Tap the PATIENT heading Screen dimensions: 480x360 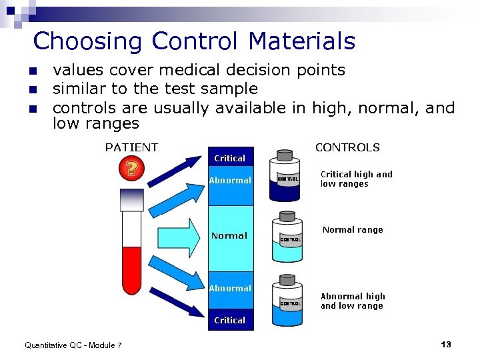tap(131, 147)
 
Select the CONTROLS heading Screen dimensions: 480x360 tap(347, 147)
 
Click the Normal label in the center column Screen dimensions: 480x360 tap(229, 235)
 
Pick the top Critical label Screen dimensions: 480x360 tap(229, 158)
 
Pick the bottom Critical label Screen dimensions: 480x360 tap(229, 320)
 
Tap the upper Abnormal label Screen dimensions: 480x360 tap(230, 180)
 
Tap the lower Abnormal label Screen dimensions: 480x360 tap(230, 288)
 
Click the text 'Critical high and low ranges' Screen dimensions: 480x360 tap(356, 179)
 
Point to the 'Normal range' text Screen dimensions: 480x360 tap(353, 229)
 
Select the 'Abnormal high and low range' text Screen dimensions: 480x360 tap(353, 301)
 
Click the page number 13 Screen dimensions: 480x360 tap(446, 344)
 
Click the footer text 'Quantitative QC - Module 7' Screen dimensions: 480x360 tap(73, 345)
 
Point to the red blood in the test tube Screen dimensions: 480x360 tap(131, 267)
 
